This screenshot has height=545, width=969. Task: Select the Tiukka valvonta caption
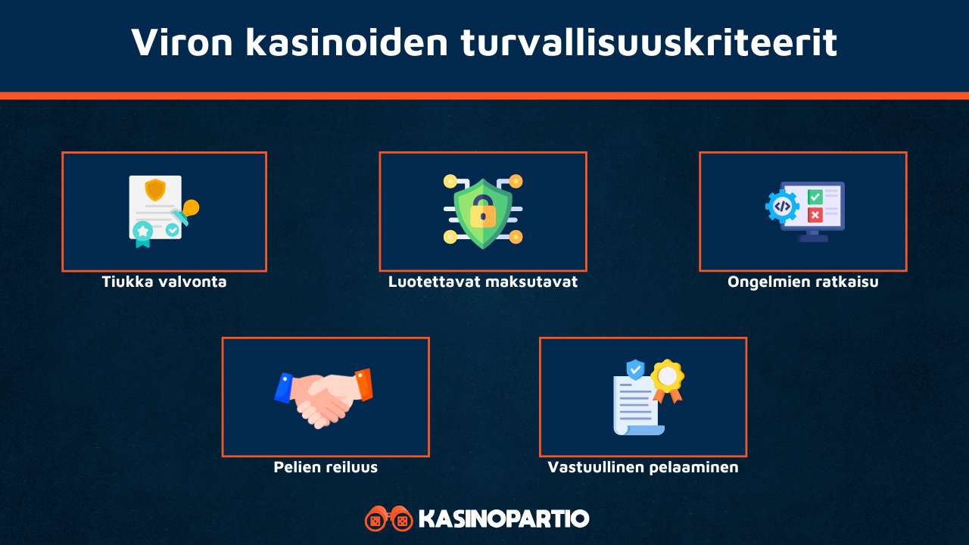[164, 282]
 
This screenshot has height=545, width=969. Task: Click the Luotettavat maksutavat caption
[483, 282]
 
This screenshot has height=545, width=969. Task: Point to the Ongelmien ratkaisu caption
[802, 282]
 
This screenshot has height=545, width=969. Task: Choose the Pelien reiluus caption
[326, 467]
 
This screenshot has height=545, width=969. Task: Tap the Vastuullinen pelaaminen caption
[643, 467]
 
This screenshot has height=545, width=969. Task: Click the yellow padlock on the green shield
[482, 214]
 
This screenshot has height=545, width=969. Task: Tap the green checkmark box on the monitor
[815, 197]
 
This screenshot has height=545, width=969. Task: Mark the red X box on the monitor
[815, 215]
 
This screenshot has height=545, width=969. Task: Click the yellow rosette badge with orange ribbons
[667, 376]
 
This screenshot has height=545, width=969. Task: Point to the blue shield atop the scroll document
[635, 369]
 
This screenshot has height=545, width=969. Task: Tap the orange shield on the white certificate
[155, 189]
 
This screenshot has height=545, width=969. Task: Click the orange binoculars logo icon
[388, 519]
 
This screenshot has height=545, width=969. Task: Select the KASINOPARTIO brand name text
[503, 519]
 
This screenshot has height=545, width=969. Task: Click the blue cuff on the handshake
[285, 387]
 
